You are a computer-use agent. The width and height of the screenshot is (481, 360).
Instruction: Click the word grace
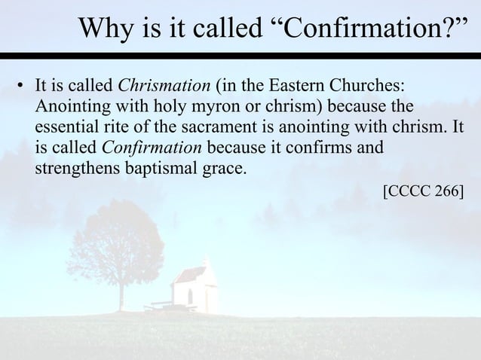225,166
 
